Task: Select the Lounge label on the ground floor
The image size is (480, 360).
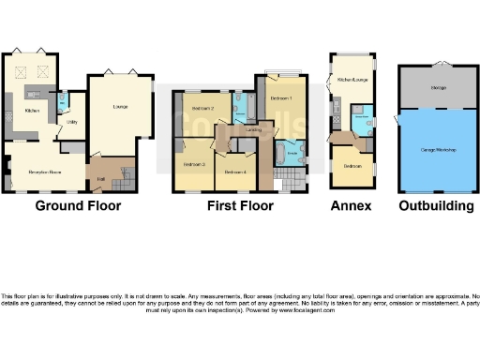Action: coord(120,106)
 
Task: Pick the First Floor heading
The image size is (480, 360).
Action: coord(241,205)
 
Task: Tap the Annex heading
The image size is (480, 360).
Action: coord(352,205)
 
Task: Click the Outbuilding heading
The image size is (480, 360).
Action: coord(436,205)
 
